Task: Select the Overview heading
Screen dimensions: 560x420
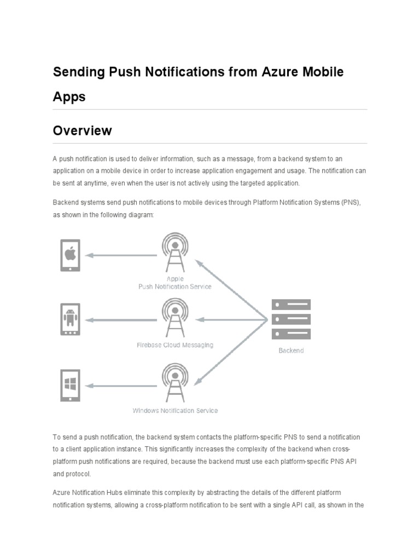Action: point(82,131)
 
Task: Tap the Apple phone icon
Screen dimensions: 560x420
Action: point(70,254)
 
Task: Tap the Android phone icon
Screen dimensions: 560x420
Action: point(70,319)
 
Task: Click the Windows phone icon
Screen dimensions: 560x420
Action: point(70,385)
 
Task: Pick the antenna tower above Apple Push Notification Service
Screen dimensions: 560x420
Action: point(175,252)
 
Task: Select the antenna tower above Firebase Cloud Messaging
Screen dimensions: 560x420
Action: point(175,318)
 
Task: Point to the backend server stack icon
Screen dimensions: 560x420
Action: point(291,319)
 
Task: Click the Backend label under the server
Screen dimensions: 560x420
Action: point(291,351)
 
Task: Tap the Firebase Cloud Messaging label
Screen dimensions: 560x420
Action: point(175,345)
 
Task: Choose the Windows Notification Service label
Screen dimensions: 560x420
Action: point(175,411)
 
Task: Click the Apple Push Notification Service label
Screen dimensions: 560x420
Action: point(175,283)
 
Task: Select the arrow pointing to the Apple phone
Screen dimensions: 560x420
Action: point(121,255)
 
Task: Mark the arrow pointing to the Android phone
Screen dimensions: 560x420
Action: point(121,320)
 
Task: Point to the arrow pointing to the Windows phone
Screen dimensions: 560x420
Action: point(121,386)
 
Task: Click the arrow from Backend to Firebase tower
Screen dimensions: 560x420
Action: point(232,320)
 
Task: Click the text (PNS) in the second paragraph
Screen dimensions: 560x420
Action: point(350,202)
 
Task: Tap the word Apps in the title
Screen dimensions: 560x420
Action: point(69,97)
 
